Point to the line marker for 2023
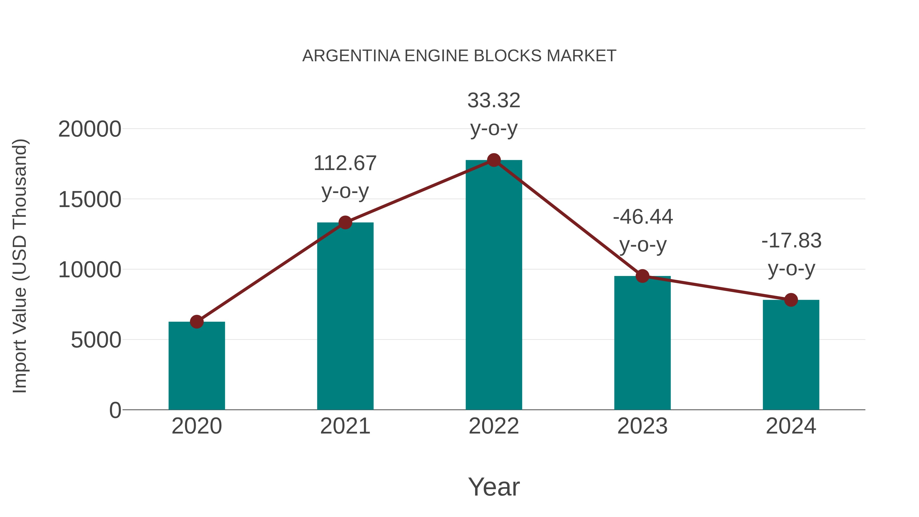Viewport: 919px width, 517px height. coord(643,276)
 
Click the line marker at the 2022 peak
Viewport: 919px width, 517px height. coord(494,160)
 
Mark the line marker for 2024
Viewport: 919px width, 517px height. coord(791,300)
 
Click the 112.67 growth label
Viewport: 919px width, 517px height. coord(345,163)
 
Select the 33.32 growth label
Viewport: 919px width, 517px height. coord(494,101)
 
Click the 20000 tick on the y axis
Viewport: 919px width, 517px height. coord(90,129)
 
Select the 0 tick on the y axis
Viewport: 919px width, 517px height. coord(115,410)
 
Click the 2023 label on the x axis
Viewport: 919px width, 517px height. coord(643,426)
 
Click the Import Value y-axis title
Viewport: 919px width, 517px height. coord(20,266)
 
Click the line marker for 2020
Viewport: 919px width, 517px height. coord(197,322)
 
